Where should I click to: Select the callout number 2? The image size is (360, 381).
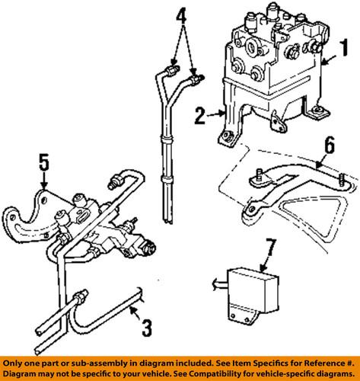pos(199,116)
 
